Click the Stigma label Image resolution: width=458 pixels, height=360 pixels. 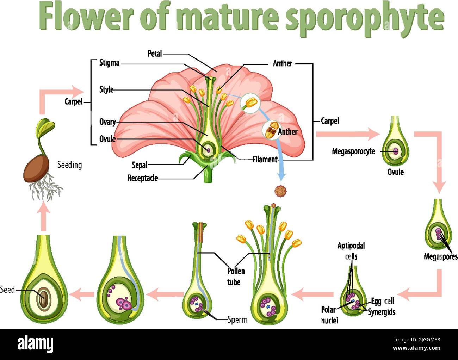(109, 63)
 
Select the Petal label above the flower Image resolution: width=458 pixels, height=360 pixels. (155, 54)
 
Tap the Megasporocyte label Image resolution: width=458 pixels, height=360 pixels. (353, 151)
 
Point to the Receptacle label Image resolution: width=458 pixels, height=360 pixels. (142, 178)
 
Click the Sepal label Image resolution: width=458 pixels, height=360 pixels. (140, 165)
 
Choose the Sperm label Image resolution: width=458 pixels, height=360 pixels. (237, 320)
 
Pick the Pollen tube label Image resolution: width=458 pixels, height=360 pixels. (236, 277)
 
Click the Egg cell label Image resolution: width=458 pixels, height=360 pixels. (382, 301)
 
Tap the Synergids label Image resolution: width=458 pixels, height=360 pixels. (382, 312)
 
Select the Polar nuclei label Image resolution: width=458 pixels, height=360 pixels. (329, 315)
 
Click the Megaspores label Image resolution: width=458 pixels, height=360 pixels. (440, 257)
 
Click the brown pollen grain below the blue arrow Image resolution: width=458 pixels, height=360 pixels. (280, 191)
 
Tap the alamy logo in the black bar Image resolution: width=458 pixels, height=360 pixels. (36, 344)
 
